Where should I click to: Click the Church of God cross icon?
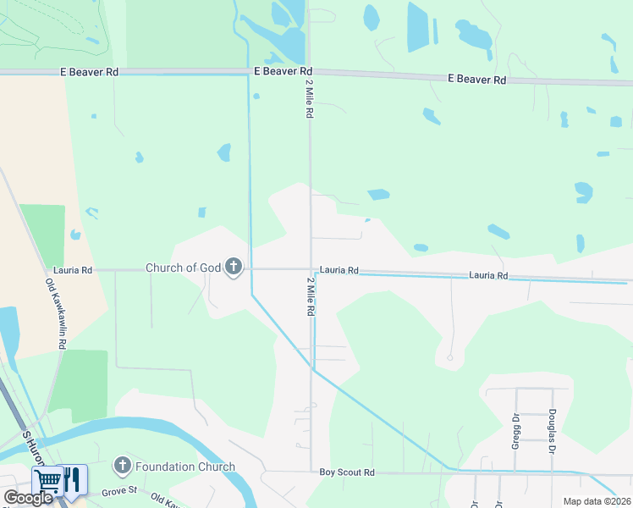tap(234, 268)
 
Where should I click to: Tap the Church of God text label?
tap(183, 268)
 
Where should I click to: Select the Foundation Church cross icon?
tap(123, 466)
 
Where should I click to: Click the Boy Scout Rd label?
tap(347, 472)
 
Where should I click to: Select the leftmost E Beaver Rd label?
tap(89, 72)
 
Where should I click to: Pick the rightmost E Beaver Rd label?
tap(476, 79)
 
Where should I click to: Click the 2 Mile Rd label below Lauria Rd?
tap(311, 296)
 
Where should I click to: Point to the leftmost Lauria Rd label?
tap(72, 270)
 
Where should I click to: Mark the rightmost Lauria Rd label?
tap(489, 276)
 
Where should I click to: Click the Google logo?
tap(29, 498)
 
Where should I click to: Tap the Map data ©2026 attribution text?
tap(597, 501)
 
